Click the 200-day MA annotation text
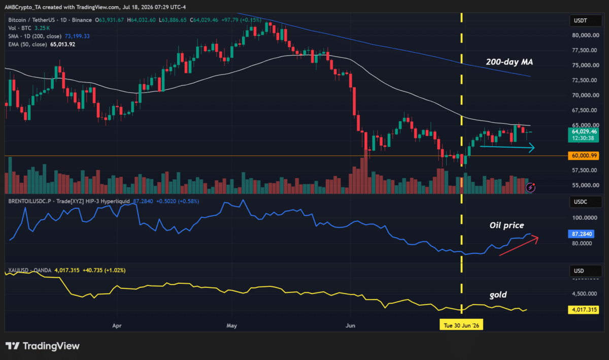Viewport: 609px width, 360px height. point(509,62)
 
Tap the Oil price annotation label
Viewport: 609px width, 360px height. point(506,225)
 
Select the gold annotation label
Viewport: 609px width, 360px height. point(498,294)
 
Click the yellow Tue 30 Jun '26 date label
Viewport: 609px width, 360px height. point(461,325)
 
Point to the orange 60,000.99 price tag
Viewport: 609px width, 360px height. point(584,156)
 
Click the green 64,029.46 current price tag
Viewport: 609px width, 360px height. point(584,135)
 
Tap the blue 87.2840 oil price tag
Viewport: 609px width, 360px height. point(582,234)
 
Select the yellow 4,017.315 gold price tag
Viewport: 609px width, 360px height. point(584,310)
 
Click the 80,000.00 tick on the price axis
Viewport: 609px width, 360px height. point(586,36)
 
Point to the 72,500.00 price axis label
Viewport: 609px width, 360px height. point(585,80)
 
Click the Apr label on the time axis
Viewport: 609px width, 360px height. point(117,325)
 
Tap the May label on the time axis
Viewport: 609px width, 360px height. point(231,325)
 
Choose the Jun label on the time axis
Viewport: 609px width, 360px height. point(350,325)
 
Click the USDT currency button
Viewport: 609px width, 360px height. point(585,21)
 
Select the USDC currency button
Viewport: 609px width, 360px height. point(585,202)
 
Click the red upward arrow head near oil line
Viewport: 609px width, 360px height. point(535,239)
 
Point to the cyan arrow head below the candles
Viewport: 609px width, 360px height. point(532,148)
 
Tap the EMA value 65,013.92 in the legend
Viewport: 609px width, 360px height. point(62,44)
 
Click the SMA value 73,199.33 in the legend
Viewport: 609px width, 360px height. point(77,36)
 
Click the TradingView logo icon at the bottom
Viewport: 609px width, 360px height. point(13,346)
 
